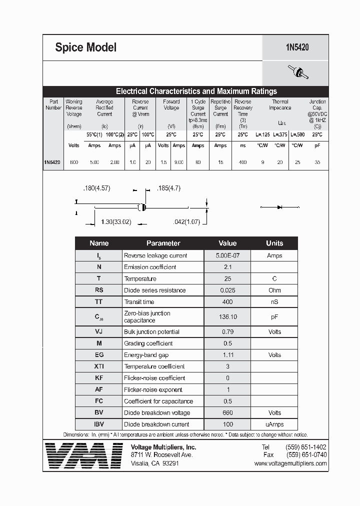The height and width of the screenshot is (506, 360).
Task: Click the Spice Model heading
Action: tap(85, 47)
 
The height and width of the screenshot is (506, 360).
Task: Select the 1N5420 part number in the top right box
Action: tap(297, 47)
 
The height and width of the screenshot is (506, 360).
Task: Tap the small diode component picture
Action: tap(298, 73)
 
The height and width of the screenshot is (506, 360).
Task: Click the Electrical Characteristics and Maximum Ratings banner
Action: tap(196, 91)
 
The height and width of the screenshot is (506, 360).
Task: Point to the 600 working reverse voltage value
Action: tap(74, 162)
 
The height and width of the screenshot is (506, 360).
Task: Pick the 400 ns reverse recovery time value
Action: tap(243, 162)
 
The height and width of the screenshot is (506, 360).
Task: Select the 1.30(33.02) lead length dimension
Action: tap(115, 221)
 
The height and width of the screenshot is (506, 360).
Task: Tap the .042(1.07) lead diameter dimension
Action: tap(186, 221)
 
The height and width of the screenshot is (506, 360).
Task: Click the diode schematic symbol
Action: tap(279, 206)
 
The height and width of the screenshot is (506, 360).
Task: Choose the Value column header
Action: tap(227, 243)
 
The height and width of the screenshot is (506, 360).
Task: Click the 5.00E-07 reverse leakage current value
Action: tap(227, 255)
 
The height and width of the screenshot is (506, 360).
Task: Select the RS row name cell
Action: tap(99, 290)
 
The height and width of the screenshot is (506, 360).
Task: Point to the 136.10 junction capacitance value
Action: tap(227, 316)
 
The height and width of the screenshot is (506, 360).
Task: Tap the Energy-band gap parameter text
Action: tap(146, 355)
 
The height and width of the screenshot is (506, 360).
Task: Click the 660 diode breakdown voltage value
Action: tap(227, 413)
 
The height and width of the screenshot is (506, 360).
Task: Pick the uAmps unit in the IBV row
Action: tap(274, 424)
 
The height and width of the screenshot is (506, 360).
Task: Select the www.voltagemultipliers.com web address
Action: tap(290, 463)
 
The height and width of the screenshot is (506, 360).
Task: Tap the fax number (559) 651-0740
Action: tap(306, 455)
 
